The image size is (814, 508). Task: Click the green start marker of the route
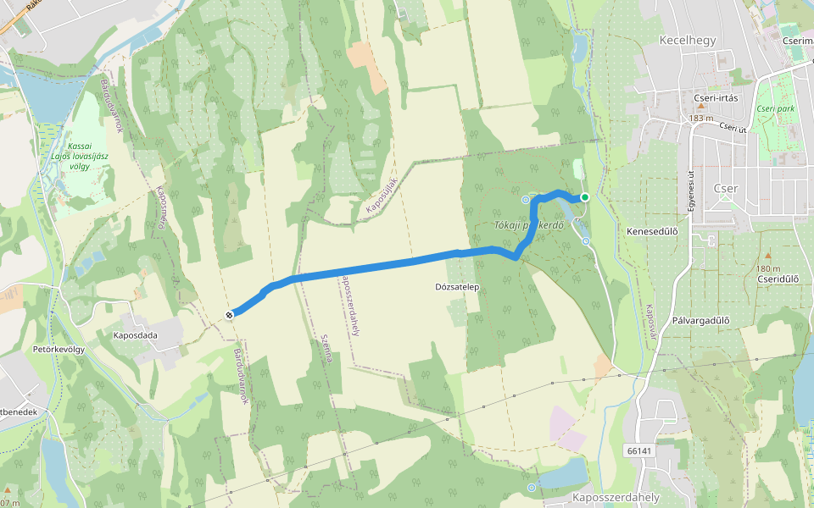click(585, 197)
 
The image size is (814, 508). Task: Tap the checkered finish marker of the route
click(229, 315)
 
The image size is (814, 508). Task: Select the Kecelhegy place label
click(688, 40)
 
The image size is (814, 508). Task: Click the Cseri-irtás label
click(716, 98)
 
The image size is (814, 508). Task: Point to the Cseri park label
click(776, 109)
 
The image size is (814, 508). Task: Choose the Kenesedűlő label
click(652, 230)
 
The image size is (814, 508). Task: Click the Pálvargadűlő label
click(700, 320)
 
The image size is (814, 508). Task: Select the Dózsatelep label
click(458, 287)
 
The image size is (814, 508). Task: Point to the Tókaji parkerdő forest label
click(529, 225)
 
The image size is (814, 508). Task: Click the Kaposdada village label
click(136, 335)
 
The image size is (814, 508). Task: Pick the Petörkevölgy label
click(59, 349)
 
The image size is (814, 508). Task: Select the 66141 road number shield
click(639, 450)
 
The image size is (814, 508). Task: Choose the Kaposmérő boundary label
click(160, 208)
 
